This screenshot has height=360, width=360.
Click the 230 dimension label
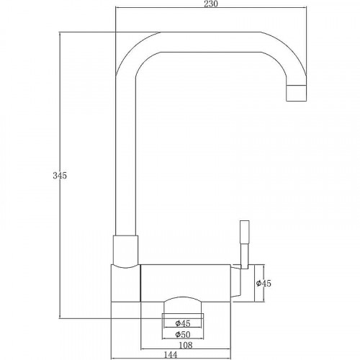(x=211, y=4)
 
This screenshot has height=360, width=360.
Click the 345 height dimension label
(x=60, y=176)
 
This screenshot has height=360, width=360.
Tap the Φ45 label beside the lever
(x=264, y=284)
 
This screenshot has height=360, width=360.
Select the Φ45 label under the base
(x=183, y=323)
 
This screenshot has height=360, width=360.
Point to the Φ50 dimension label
(x=183, y=334)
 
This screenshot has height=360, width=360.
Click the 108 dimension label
(x=186, y=345)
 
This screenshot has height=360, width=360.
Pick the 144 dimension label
(x=170, y=354)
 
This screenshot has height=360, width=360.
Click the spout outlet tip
(x=297, y=93)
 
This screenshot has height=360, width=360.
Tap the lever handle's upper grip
(x=245, y=233)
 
